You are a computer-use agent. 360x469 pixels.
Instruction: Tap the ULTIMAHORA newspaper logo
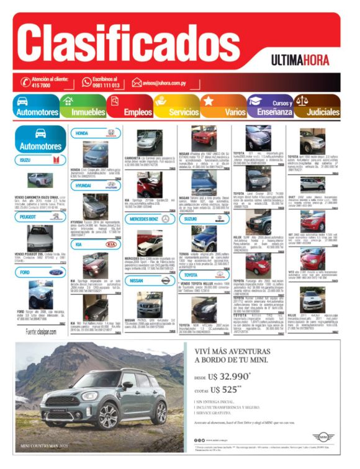coord(302,60)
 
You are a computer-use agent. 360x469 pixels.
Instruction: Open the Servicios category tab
coord(183,112)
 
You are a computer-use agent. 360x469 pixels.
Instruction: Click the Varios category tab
coord(235,112)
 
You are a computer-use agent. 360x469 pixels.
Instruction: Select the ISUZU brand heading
coord(26,161)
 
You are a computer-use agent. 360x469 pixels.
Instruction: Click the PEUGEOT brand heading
coord(28,217)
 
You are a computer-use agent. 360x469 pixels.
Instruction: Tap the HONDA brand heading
coord(83,133)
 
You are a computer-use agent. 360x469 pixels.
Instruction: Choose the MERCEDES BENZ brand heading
coord(145,219)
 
